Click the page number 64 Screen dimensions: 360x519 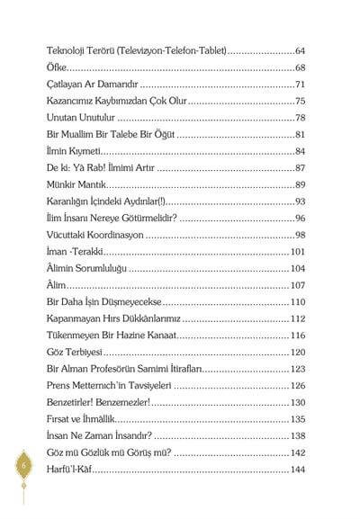(x=301, y=51)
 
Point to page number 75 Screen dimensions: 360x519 (x=301, y=101)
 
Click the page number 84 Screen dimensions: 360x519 (x=301, y=151)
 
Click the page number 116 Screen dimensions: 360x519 (x=298, y=335)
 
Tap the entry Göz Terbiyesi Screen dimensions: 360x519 (x=76, y=352)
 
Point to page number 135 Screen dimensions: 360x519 (x=298, y=418)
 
